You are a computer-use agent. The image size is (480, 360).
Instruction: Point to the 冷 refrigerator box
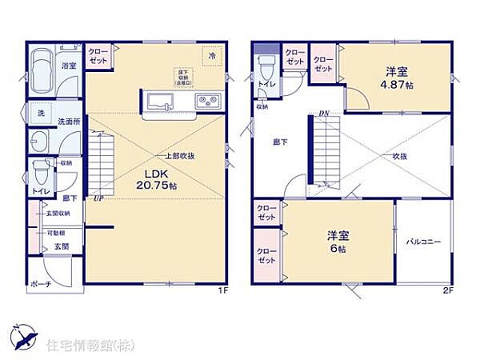click(212, 56)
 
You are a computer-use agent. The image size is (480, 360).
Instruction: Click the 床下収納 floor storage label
click(184, 75)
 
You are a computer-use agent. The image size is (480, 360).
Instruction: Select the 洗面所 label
click(66, 122)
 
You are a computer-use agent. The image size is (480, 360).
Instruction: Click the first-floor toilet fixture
click(39, 172)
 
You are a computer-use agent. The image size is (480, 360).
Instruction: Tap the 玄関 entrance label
click(61, 246)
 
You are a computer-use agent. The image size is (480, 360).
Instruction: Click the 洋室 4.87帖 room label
click(396, 76)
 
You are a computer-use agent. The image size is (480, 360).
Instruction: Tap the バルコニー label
click(423, 241)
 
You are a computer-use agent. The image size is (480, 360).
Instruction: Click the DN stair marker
click(323, 114)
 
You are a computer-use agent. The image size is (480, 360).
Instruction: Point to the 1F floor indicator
click(226, 290)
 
